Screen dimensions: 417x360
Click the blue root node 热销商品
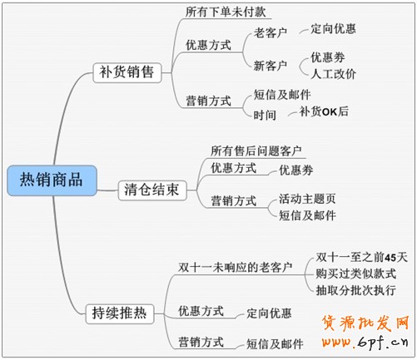click(52, 180)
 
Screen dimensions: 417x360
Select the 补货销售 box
click(127, 72)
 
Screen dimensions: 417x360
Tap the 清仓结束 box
click(152, 190)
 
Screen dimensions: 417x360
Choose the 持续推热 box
click(120, 313)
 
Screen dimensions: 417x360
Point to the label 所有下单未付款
click(226, 12)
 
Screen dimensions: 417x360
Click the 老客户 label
click(271, 33)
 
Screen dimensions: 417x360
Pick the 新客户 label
click(271, 66)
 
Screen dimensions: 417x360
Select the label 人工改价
click(333, 74)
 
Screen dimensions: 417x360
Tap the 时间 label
click(265, 115)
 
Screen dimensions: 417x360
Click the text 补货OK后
click(324, 111)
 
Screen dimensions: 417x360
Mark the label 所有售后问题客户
click(256, 151)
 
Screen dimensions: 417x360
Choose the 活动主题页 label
click(307, 199)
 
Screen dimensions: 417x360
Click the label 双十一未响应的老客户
click(235, 268)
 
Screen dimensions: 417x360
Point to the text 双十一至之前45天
click(362, 258)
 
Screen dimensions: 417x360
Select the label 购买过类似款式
click(356, 274)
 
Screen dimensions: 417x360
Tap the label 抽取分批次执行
click(356, 290)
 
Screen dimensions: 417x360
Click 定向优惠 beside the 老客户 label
click(333, 29)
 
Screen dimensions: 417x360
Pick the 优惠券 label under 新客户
click(328, 57)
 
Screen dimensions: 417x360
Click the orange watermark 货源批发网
click(365, 323)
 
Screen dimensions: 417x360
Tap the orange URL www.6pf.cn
click(365, 343)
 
